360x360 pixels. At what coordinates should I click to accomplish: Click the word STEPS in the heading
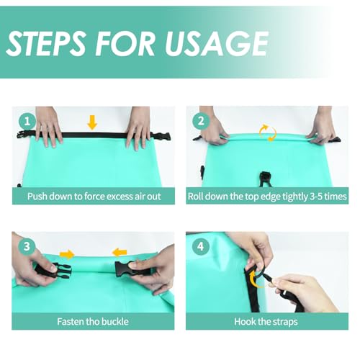[x=47, y=43]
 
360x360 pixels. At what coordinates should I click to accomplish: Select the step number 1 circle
[x=27, y=121]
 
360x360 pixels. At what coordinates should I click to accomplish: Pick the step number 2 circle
[x=201, y=121]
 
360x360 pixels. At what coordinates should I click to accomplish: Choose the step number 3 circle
[x=27, y=246]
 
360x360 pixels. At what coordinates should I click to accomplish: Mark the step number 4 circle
[x=201, y=246]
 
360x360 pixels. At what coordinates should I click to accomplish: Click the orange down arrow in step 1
[x=92, y=122]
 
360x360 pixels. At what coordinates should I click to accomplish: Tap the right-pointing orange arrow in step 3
[x=67, y=254]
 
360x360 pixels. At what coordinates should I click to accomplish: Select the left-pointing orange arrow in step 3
[x=120, y=253]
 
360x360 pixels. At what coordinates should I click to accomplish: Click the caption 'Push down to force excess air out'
[x=94, y=197]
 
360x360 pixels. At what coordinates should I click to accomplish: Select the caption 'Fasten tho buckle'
[x=93, y=322]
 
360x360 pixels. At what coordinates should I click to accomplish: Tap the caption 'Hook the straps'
[x=266, y=322]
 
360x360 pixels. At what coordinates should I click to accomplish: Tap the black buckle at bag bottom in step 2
[x=265, y=179]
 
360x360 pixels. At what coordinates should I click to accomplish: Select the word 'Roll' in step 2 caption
[x=196, y=197]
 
